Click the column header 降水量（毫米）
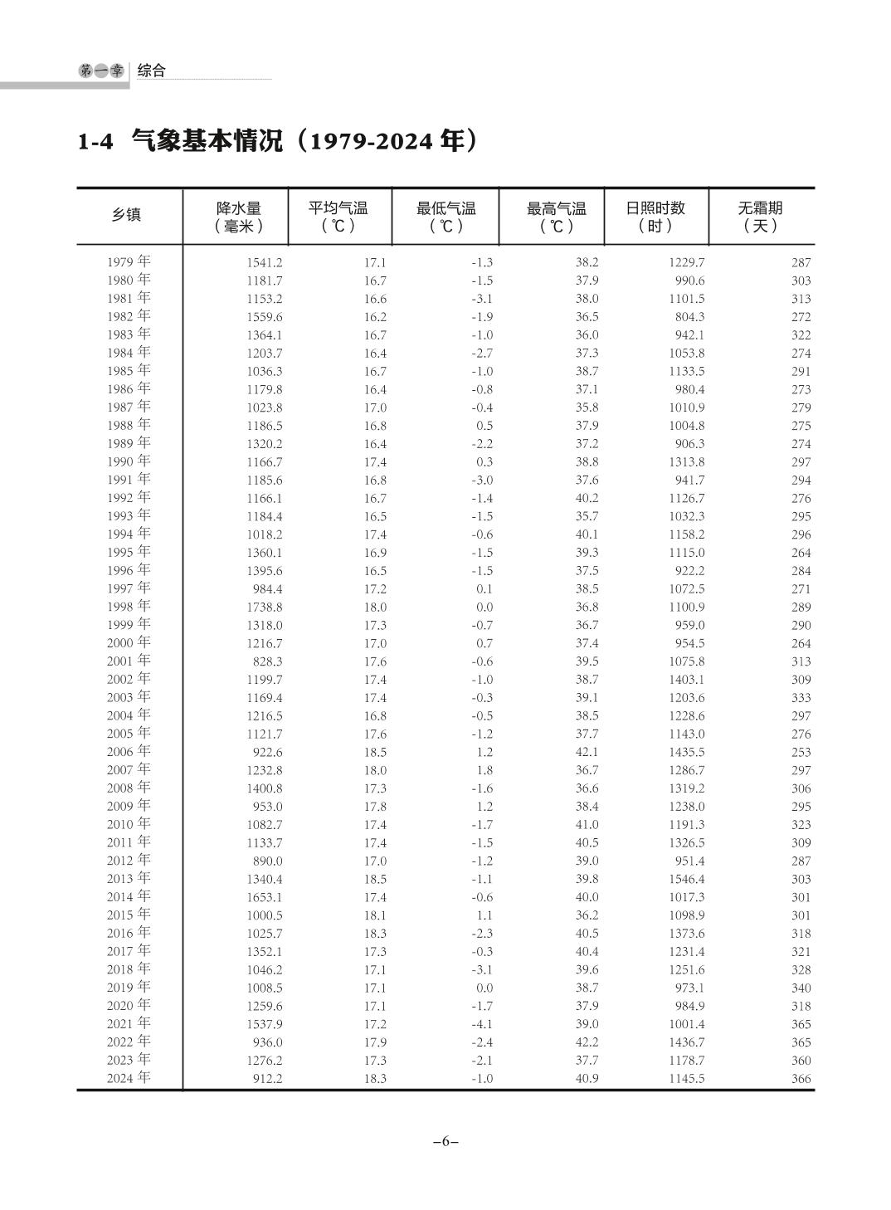(238, 217)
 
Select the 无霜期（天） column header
(760, 217)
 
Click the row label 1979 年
(129, 262)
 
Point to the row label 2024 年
(129, 1078)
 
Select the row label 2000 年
(129, 643)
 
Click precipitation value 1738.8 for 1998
(264, 607)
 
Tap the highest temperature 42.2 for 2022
(586, 1042)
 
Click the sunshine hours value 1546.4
(686, 879)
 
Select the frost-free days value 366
(801, 1079)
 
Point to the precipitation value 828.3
(267, 661)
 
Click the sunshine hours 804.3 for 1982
(689, 317)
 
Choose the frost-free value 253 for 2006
(801, 752)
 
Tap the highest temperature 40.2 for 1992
(586, 498)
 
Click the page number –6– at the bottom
(445, 1141)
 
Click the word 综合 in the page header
(151, 71)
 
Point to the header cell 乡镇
(127, 215)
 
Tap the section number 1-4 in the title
(95, 142)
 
